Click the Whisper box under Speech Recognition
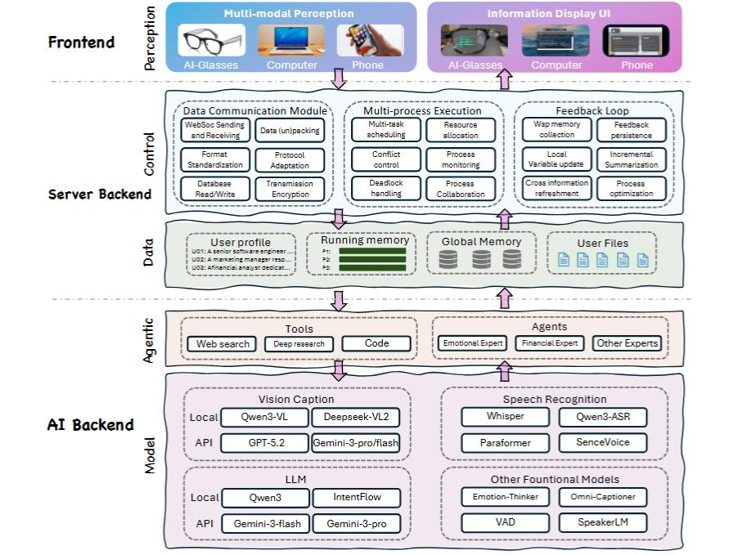pyautogui.click(x=505, y=417)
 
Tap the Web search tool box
pyautogui.click(x=223, y=344)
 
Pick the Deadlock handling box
pyautogui.click(x=386, y=189)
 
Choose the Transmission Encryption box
pyautogui.click(x=290, y=189)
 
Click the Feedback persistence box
pyautogui.click(x=631, y=130)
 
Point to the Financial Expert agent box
pyautogui.click(x=551, y=343)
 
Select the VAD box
pyautogui.click(x=505, y=522)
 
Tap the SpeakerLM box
pyautogui.click(x=601, y=522)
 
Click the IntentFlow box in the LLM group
pyautogui.click(x=357, y=497)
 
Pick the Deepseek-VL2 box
pyautogui.click(x=357, y=417)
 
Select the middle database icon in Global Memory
pyautogui.click(x=482, y=260)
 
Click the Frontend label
pyautogui.click(x=82, y=43)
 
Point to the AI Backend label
pyautogui.click(x=91, y=425)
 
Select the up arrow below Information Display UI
pyautogui.click(x=504, y=79)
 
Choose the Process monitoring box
pyautogui.click(x=460, y=159)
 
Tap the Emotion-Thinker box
pyautogui.click(x=505, y=497)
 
